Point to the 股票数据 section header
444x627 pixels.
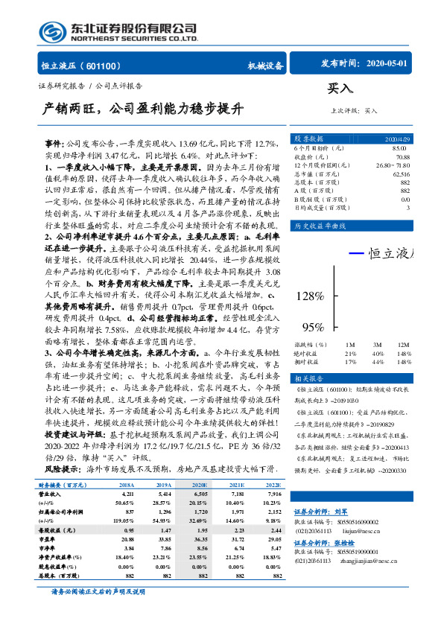307,139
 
